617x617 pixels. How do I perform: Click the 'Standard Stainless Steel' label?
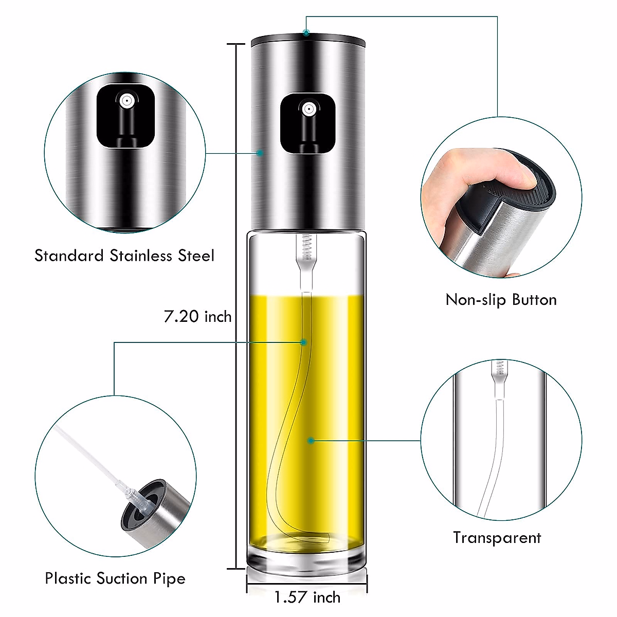pyautogui.click(x=124, y=256)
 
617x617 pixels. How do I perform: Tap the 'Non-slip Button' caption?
pyautogui.click(x=501, y=300)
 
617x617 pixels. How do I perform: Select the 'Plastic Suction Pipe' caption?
pyautogui.click(x=115, y=578)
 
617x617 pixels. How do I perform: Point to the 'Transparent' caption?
pyautogui.click(x=497, y=538)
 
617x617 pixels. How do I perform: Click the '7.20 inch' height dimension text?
pyautogui.click(x=197, y=316)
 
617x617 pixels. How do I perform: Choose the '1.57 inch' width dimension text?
pyautogui.click(x=307, y=597)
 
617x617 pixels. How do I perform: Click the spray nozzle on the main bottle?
pyautogui.click(x=308, y=109)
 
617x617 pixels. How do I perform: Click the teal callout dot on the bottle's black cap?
pyautogui.click(x=306, y=33)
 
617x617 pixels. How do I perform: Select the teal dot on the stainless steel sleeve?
pyautogui.click(x=260, y=153)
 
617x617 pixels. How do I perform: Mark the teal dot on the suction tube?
pyautogui.click(x=304, y=342)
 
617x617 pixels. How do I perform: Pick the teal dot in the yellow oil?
pyautogui.click(x=311, y=441)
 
